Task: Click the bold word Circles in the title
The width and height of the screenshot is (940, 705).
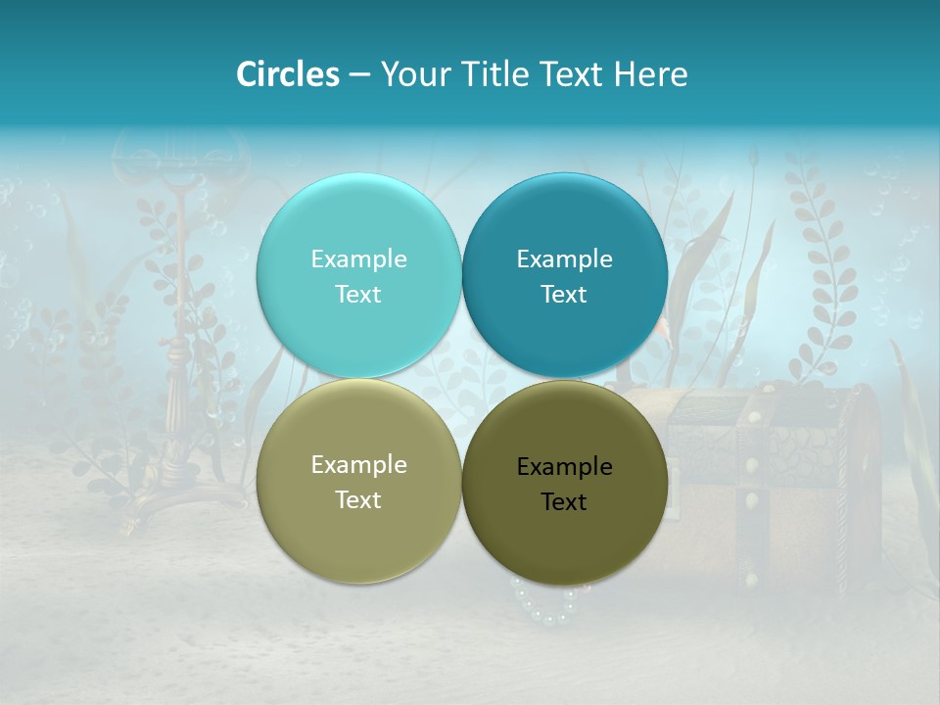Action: click(x=287, y=74)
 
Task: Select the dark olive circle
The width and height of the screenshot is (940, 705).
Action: click(x=564, y=534)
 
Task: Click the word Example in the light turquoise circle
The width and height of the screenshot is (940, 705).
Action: click(x=358, y=259)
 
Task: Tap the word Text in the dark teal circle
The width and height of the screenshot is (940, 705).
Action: click(x=564, y=295)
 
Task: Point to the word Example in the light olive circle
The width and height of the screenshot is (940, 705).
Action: click(x=358, y=465)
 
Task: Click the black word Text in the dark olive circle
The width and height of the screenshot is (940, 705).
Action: click(x=564, y=502)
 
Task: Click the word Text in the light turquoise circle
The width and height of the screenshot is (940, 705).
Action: click(x=358, y=295)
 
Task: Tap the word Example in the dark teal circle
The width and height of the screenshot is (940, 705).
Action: click(x=564, y=259)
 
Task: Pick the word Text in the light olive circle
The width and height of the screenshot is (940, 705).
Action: click(x=358, y=500)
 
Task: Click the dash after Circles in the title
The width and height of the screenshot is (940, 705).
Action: click(x=359, y=75)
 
